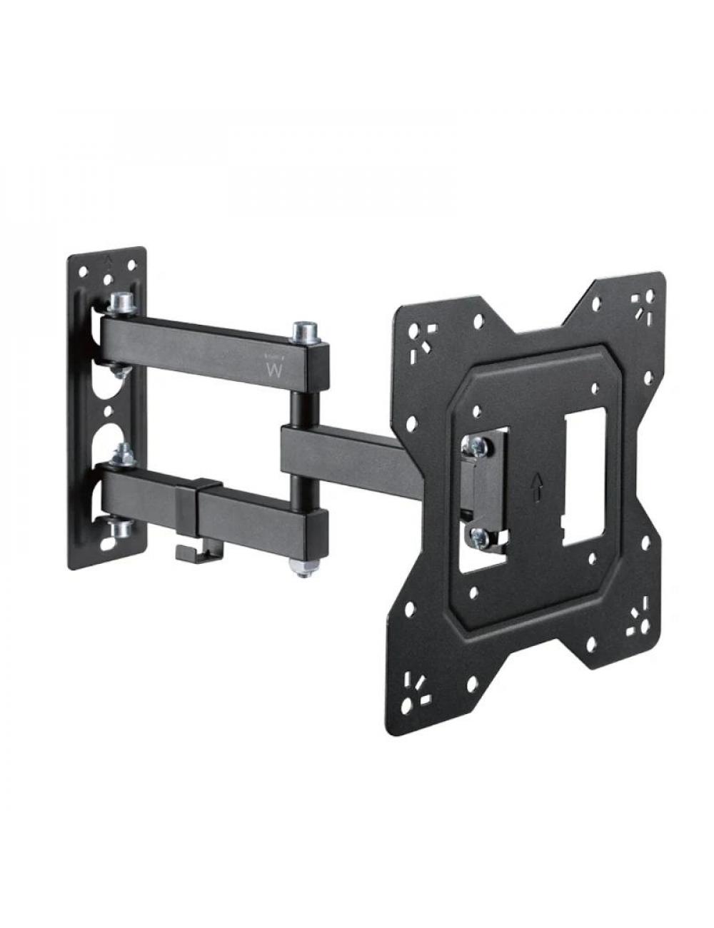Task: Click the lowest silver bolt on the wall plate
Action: (119, 529)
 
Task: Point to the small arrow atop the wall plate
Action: (108, 258)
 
